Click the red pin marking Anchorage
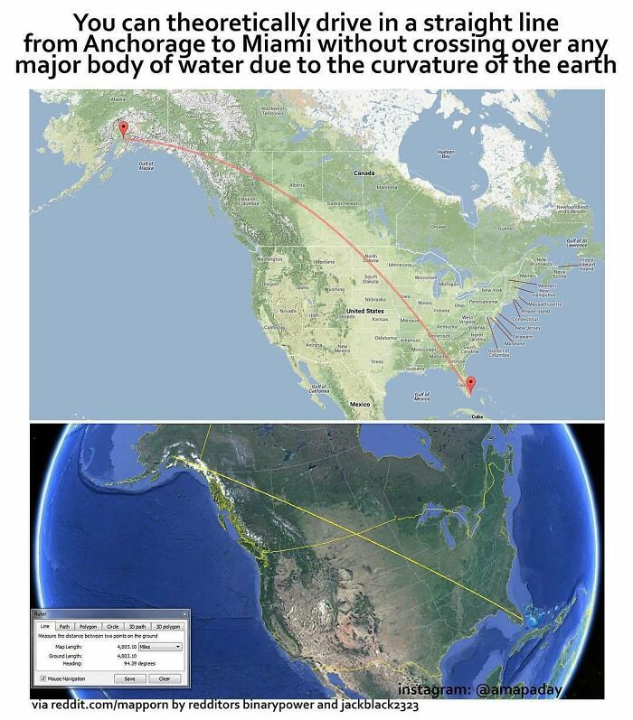(123, 129)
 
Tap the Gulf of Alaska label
(146, 166)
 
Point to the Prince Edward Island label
(586, 264)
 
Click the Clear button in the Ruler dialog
(165, 678)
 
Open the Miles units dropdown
(161, 647)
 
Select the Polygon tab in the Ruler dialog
(88, 626)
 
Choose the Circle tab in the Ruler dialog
(113, 626)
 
